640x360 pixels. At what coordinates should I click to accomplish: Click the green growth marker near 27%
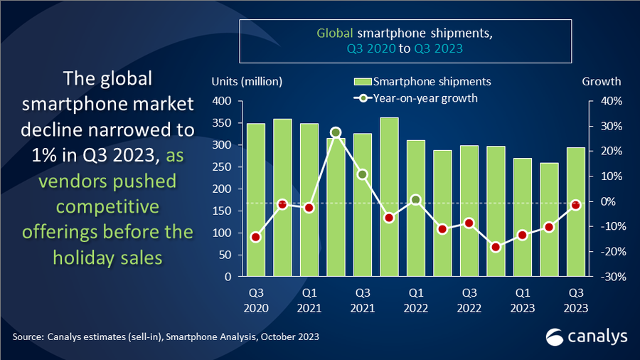[x=336, y=132]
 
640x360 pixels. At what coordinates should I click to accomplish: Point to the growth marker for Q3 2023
[x=575, y=205]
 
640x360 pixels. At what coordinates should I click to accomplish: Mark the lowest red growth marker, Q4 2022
[x=496, y=247]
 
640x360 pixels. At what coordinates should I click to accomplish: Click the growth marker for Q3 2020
[x=256, y=237]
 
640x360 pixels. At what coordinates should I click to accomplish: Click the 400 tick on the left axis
[x=223, y=102]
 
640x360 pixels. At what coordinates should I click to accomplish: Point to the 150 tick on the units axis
[x=223, y=211]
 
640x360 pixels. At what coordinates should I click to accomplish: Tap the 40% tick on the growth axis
[x=612, y=102]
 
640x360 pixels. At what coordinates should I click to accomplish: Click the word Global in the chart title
[x=331, y=33]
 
